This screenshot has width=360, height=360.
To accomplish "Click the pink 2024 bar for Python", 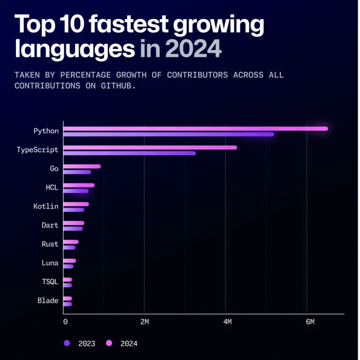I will [195, 128].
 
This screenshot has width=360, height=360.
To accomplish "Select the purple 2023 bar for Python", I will [168, 135].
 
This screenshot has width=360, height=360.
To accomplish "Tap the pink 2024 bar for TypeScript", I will [150, 147].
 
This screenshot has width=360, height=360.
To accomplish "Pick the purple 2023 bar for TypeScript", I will [129, 153].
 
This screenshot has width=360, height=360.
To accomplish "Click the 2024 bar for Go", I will [82, 166].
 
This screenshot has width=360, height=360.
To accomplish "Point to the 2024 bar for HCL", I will [79, 185].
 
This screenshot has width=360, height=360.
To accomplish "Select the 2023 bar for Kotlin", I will [74, 210].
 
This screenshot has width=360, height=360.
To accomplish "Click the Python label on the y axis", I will [46, 131].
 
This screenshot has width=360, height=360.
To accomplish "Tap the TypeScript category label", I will [37, 150].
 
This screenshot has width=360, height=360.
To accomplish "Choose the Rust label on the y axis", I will [50, 244].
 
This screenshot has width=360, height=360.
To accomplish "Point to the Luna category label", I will [50, 263].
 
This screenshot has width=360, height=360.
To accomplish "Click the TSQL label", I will [50, 282].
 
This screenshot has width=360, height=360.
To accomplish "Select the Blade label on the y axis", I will [48, 300].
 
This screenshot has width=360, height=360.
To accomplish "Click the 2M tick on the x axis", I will [144, 322].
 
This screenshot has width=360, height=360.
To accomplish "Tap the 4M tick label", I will [227, 322].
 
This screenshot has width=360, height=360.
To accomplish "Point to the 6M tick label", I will [309, 322].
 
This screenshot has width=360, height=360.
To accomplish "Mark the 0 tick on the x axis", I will [65, 322].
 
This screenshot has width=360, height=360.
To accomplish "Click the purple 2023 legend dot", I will [66, 344].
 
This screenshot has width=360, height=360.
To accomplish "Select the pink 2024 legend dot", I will [110, 344].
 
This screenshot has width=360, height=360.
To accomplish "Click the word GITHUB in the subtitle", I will [119, 86].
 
